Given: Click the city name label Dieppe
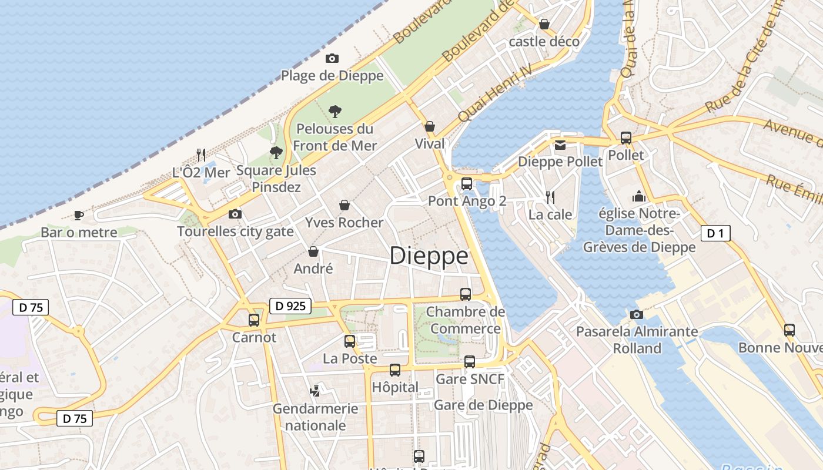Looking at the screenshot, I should point(429,256).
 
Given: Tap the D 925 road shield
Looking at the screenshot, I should point(290,305).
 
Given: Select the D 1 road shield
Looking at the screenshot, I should point(715,233).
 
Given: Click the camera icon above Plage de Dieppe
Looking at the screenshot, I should point(332,58).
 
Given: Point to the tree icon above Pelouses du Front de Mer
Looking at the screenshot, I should point(335,111).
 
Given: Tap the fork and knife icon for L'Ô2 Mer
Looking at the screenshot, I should point(201,155).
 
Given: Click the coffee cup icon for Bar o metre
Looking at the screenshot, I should point(79,216).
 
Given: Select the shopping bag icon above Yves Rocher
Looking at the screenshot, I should point(344,205).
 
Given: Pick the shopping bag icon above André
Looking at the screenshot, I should point(313,251).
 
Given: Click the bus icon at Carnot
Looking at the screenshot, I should point(254,320).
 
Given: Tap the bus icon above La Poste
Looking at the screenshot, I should point(350,341).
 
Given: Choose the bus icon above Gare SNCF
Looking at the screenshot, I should point(469,362).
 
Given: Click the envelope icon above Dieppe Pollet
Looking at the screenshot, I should point(560,145).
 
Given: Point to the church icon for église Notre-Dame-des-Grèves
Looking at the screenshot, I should point(639,196).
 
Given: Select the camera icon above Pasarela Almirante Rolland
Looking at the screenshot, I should point(636,314).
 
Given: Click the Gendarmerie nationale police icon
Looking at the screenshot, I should point(315,391).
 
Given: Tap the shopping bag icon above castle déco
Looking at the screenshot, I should point(544,24).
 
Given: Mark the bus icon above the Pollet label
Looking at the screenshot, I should point(626,138).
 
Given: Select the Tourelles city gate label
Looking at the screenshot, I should point(235,231).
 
